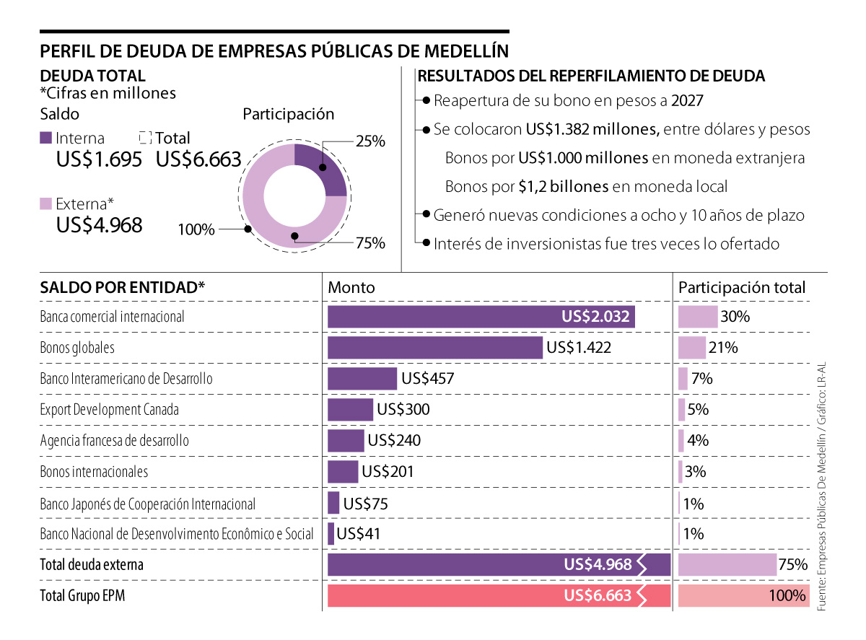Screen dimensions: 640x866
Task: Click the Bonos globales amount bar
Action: click(x=434, y=347)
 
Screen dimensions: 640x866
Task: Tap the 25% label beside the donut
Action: click(x=370, y=142)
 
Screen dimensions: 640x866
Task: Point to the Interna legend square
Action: click(x=45, y=138)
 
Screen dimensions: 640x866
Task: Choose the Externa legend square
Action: click(x=45, y=203)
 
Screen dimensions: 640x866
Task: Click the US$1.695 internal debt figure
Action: click(x=99, y=160)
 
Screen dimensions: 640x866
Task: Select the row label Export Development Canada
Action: click(x=109, y=409)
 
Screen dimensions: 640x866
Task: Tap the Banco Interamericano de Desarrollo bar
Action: click(x=362, y=378)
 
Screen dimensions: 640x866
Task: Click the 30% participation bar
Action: click(x=697, y=316)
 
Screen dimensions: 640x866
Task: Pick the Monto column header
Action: click(x=351, y=287)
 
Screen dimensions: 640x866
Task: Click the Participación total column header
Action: click(x=742, y=287)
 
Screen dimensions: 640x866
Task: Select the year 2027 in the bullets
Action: click(x=687, y=100)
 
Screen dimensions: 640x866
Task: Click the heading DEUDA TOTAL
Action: click(x=93, y=76)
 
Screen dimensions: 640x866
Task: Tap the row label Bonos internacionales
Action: click(x=94, y=471)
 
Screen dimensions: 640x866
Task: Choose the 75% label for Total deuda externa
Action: click(x=792, y=564)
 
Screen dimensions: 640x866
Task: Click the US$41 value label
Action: click(x=359, y=534)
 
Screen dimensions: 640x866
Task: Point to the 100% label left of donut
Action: click(x=196, y=229)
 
